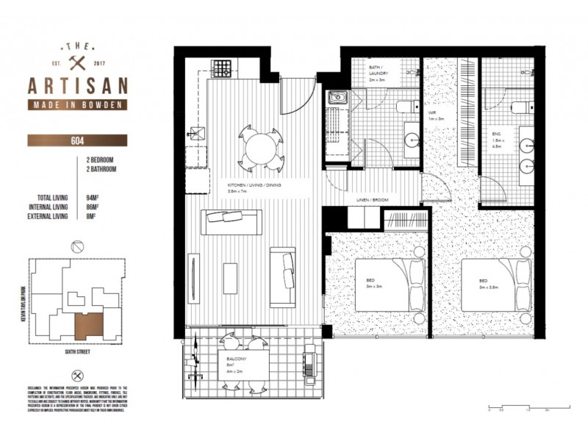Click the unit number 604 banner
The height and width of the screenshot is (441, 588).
point(77,140)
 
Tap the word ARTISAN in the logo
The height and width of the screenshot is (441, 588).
point(77,85)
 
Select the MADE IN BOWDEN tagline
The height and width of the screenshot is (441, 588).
point(77,105)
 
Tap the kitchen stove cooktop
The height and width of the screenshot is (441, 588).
point(221,70)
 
